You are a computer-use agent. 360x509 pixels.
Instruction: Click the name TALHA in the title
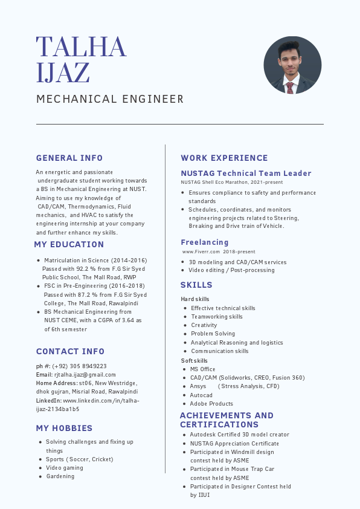[x=81, y=47]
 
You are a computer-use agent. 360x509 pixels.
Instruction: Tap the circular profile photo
[x=292, y=65]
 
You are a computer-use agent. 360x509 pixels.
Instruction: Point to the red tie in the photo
[x=291, y=88]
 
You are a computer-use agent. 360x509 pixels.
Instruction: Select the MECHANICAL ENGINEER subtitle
[x=110, y=99]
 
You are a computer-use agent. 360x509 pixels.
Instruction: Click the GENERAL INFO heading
[x=69, y=158]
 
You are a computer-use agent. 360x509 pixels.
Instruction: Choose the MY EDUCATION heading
[x=69, y=245]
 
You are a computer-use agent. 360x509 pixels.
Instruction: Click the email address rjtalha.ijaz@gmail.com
[x=85, y=375]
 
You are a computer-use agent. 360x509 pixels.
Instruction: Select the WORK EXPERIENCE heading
[x=224, y=158]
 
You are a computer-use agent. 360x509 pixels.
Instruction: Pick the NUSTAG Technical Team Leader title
[x=246, y=173]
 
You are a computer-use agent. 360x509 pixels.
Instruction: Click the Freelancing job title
[x=205, y=242]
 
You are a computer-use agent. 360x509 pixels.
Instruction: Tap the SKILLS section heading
[x=196, y=285]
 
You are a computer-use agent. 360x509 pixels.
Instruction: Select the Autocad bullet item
[x=201, y=395]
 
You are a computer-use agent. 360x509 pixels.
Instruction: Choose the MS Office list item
[x=202, y=369]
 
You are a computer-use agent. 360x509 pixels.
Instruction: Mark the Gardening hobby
[x=60, y=476]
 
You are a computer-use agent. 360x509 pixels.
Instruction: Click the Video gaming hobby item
[x=64, y=468]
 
